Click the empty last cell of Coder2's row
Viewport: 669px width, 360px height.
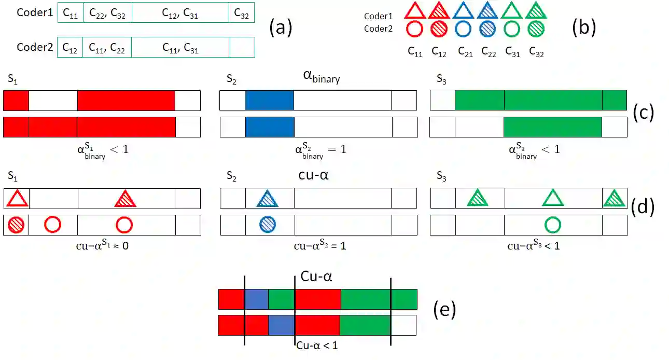pyautogui.click(x=242, y=47)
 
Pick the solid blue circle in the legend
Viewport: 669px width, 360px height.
pyautogui.click(x=464, y=29)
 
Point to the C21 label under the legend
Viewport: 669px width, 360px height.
pyautogui.click(x=465, y=52)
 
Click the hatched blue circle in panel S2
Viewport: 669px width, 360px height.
pyautogui.click(x=268, y=225)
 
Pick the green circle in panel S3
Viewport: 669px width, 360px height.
pyautogui.click(x=553, y=225)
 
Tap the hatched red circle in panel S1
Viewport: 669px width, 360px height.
pyautogui.click(x=16, y=225)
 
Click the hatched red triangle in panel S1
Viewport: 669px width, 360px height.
pyautogui.click(x=125, y=199)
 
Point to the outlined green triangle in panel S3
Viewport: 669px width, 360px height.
pyautogui.click(x=553, y=199)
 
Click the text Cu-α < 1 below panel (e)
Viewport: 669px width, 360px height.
pyautogui.click(x=317, y=345)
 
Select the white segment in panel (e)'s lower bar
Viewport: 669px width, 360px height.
pyautogui.click(x=403, y=325)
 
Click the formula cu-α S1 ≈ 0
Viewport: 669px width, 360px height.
pyautogui.click(x=102, y=246)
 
